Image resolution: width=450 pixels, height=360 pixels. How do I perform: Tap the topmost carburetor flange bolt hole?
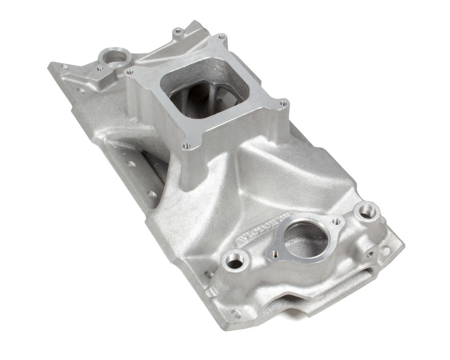[221, 36]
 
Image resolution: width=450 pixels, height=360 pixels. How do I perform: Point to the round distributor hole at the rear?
[110, 56]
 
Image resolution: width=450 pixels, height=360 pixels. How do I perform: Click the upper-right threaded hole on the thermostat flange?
[338, 221]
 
